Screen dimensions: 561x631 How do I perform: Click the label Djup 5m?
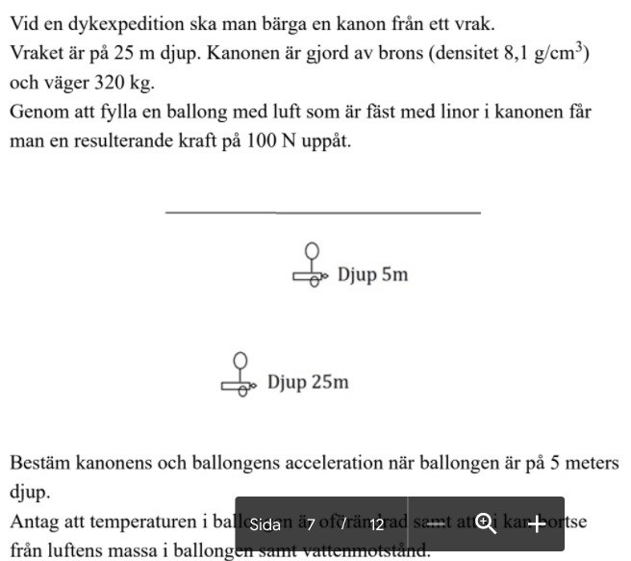[372, 274]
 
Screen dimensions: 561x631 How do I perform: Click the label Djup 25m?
[308, 382]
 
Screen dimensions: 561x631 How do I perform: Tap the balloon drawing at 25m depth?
[240, 361]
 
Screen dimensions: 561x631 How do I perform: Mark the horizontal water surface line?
[322, 211]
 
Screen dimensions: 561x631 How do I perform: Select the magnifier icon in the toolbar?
[486, 523]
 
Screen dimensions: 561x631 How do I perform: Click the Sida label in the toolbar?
[265, 524]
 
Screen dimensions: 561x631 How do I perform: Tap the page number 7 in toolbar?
[311, 524]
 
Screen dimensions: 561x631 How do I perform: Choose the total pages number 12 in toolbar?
[377, 524]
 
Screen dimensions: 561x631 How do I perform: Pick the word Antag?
[36, 523]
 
